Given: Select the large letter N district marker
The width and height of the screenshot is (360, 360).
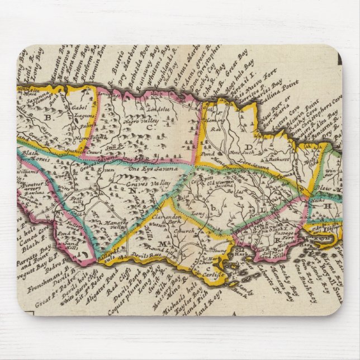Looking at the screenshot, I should pos(132,190).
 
